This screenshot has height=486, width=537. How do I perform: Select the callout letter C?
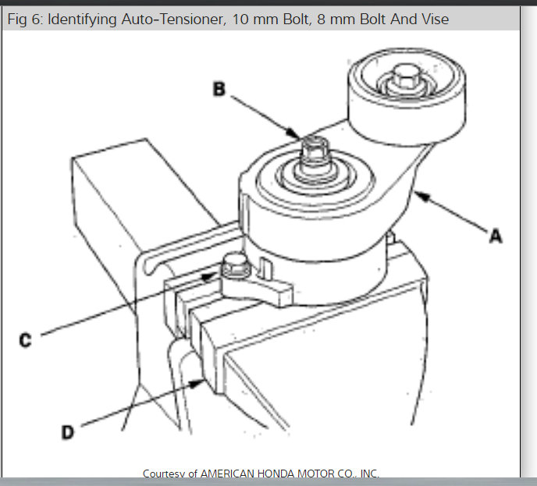click(x=27, y=341)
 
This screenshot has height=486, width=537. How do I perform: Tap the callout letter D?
click(x=67, y=431)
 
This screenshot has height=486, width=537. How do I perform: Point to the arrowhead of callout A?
click(x=418, y=193)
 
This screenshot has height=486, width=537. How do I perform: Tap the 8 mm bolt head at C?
click(x=233, y=268)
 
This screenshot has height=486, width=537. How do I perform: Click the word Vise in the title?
click(x=433, y=19)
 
